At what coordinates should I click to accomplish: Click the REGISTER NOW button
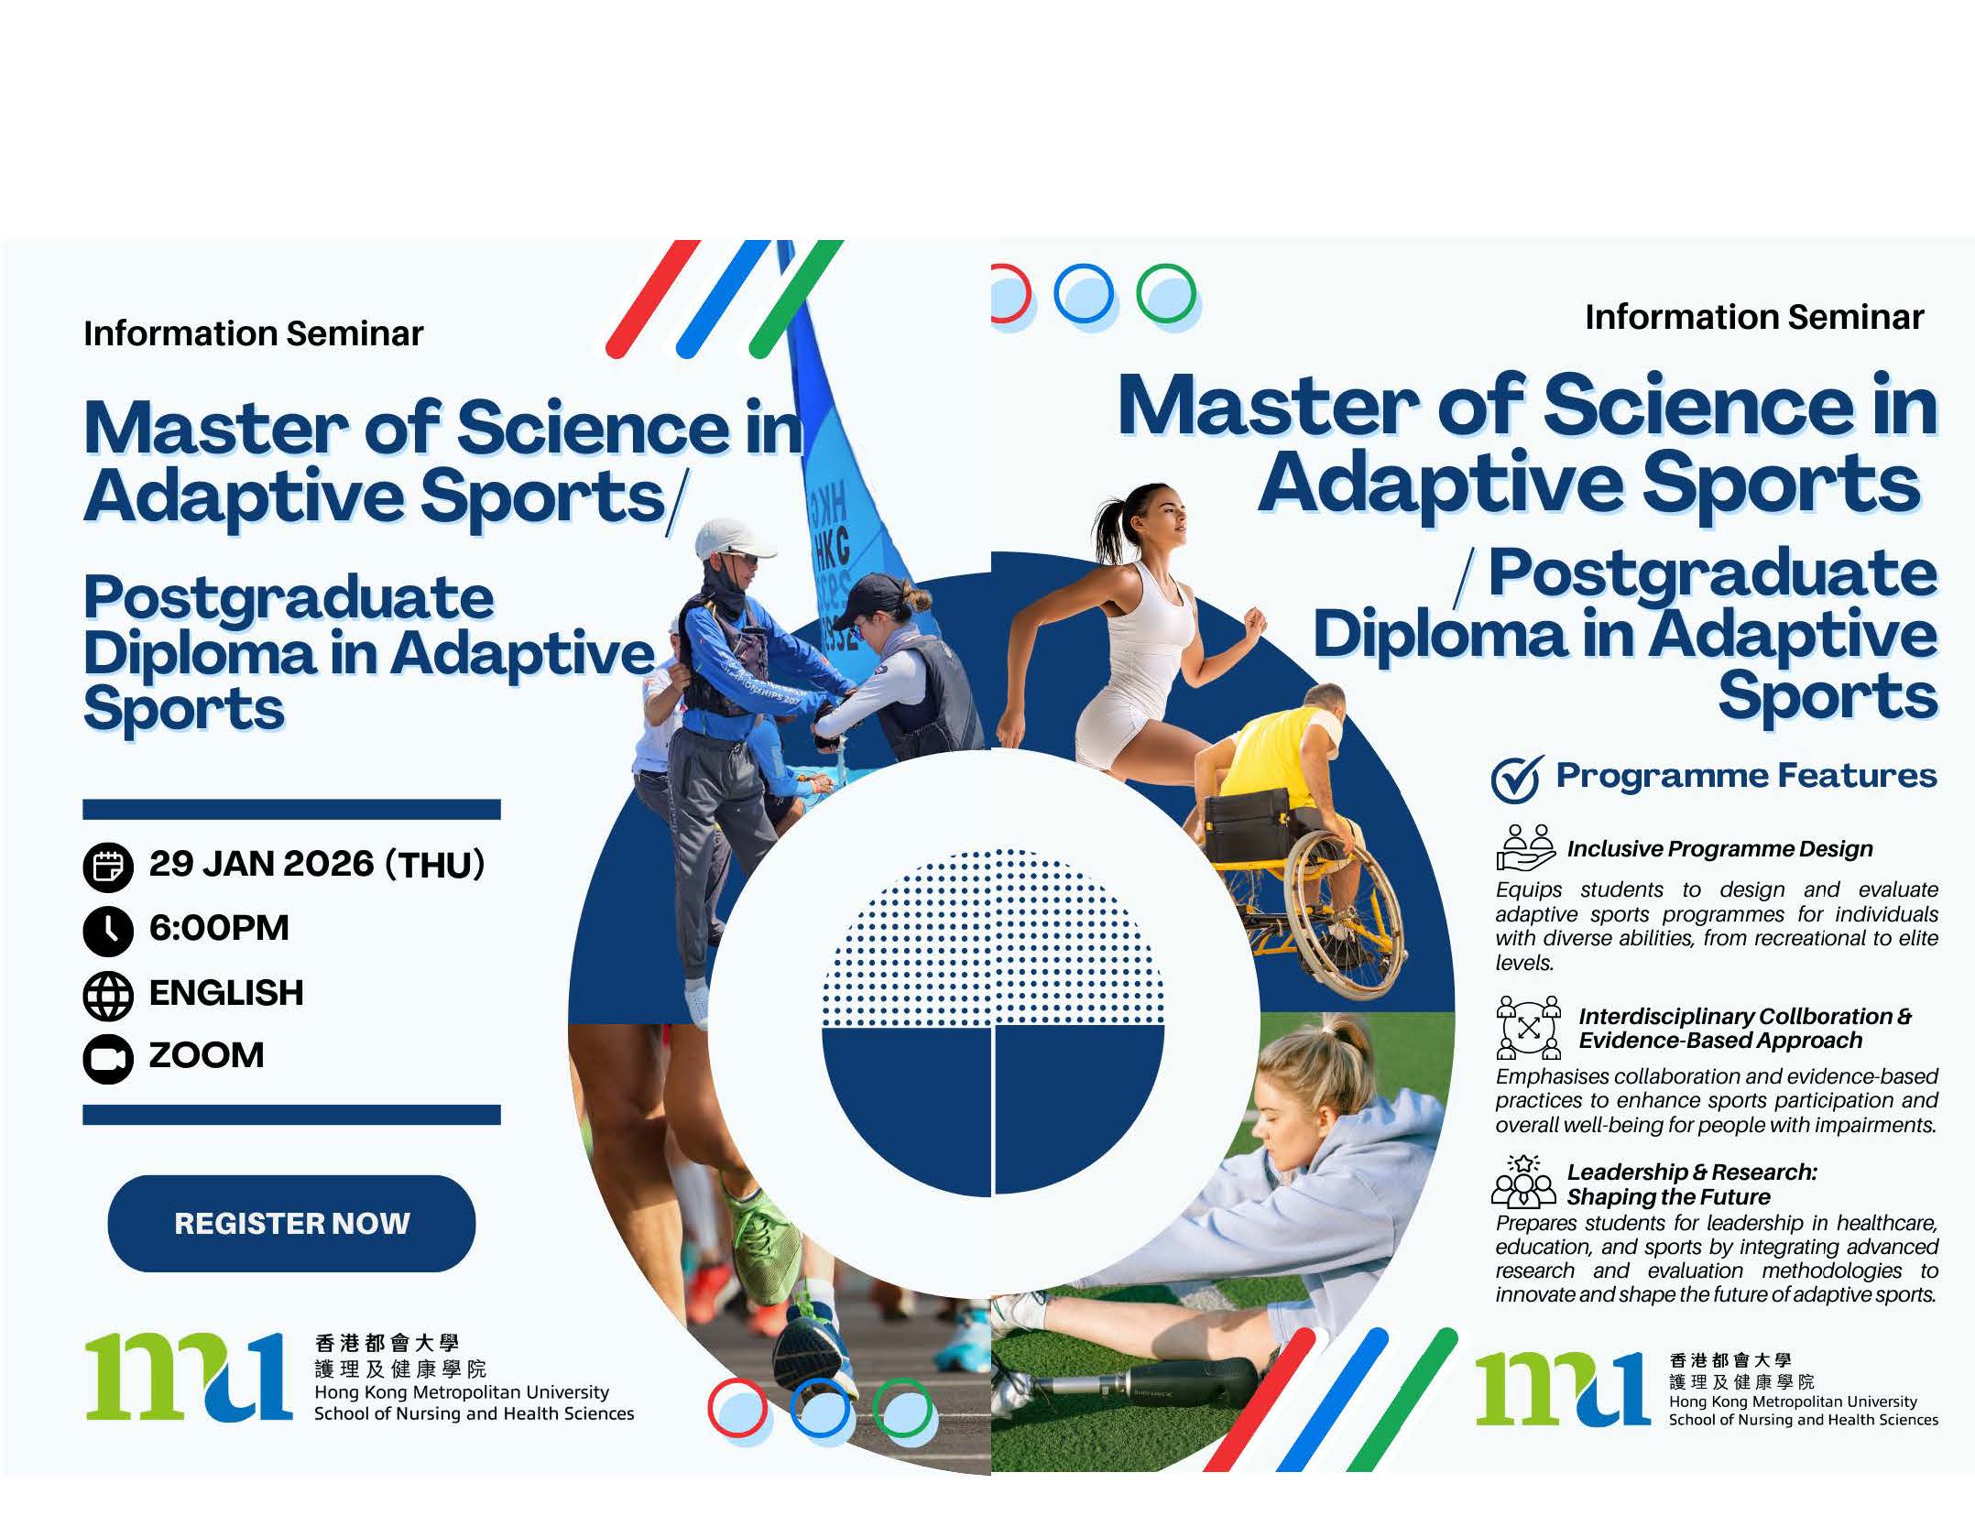(x=291, y=1223)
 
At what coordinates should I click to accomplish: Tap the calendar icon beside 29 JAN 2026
(x=108, y=867)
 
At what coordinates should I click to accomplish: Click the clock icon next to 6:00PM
(x=108, y=931)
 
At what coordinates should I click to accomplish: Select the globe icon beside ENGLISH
(x=108, y=996)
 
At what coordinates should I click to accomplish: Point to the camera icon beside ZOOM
(x=108, y=1059)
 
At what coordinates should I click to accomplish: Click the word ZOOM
(x=206, y=1055)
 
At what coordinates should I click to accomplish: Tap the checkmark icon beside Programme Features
(x=1517, y=779)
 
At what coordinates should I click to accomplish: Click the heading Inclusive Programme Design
(x=1719, y=849)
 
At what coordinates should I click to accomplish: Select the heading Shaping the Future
(x=1668, y=1196)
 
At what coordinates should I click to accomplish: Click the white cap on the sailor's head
(x=734, y=540)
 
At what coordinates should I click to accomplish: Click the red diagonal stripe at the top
(x=652, y=299)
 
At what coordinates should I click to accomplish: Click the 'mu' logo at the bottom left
(x=189, y=1377)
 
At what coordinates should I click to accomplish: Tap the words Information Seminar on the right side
(x=1754, y=317)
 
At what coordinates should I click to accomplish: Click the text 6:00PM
(x=219, y=928)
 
